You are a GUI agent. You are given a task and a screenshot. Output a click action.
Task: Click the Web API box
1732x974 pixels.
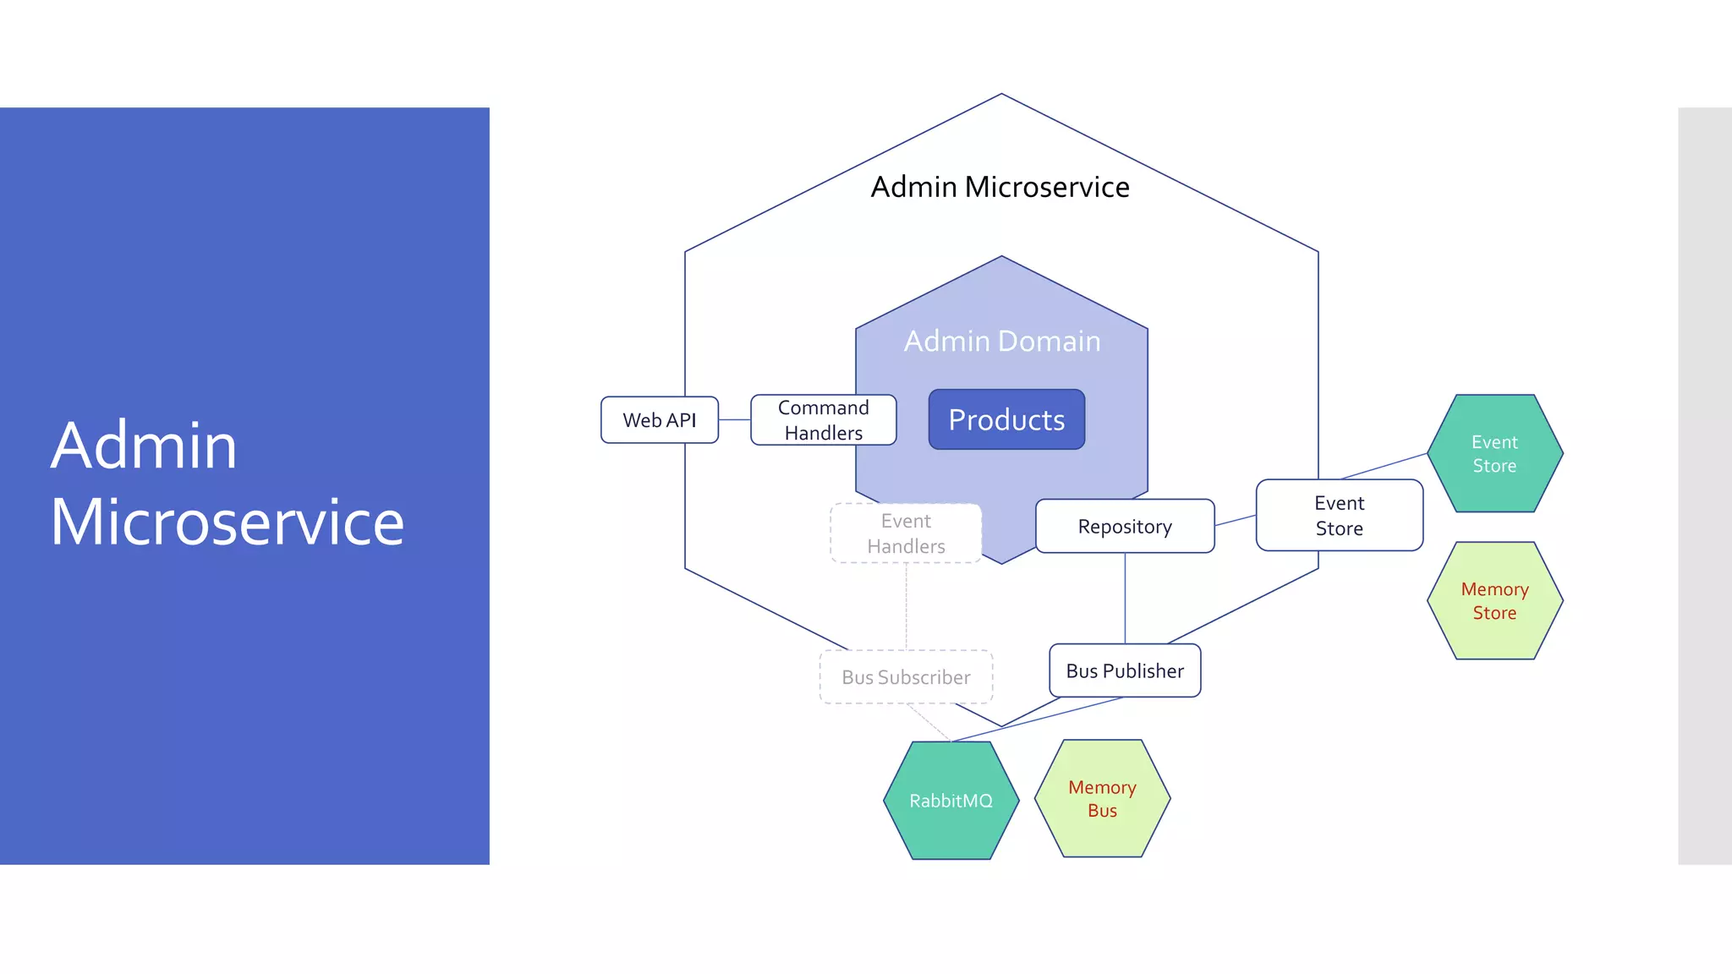tap(659, 420)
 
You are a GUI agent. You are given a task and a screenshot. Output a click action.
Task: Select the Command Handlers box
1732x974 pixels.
tap(823, 420)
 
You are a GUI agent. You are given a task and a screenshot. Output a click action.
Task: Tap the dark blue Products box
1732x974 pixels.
tap(1006, 420)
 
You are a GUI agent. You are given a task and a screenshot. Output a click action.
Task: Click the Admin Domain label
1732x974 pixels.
tap(1002, 342)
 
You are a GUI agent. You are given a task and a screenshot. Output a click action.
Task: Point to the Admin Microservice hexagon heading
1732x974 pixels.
tap(1000, 187)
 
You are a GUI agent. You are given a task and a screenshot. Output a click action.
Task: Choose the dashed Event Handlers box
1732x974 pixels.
tap(906, 534)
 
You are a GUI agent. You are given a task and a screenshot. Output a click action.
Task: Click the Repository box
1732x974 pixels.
tap(1125, 527)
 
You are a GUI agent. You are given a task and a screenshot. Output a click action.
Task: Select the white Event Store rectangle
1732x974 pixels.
tap(1339, 516)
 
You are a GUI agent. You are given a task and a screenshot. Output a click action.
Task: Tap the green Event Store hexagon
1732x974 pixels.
tap(1494, 454)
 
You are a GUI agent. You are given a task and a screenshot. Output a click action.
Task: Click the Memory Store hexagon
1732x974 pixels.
tap(1494, 601)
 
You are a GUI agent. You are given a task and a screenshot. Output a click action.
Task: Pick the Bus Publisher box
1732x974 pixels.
tap(1125, 671)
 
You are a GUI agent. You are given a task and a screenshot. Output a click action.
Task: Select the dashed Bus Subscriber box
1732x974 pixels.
tap(906, 677)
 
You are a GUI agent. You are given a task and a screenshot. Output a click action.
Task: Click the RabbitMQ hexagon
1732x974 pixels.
tap(951, 801)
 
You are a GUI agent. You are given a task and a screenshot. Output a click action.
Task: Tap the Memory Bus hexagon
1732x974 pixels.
tap(1102, 799)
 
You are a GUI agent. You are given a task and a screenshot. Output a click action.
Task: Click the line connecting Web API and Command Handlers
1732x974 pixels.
tap(734, 420)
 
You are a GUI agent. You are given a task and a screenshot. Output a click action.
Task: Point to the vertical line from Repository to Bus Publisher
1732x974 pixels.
tap(1125, 599)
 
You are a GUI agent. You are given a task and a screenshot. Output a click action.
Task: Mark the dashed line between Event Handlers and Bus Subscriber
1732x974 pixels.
tap(907, 606)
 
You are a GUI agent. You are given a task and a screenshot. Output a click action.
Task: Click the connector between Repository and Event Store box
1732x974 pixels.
tap(1236, 520)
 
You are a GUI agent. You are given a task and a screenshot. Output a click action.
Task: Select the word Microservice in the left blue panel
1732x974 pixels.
tap(227, 523)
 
